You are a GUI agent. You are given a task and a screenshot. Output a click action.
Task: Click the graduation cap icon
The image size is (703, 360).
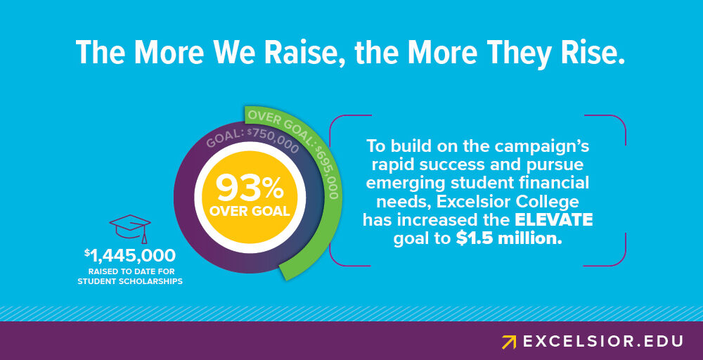130,229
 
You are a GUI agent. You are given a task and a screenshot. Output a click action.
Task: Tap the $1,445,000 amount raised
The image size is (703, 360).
130,255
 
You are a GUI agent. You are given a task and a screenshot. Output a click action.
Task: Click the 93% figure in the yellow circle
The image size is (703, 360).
250,188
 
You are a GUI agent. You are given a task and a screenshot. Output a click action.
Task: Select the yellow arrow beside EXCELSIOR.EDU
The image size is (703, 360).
509,342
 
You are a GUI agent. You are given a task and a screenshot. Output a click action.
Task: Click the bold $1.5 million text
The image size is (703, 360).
509,238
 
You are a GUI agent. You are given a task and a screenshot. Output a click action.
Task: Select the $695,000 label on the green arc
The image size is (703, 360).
326,172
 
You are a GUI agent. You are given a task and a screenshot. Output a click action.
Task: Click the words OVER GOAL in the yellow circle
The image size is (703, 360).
250,211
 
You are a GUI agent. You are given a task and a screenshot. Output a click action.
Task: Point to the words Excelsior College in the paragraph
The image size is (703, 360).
508,202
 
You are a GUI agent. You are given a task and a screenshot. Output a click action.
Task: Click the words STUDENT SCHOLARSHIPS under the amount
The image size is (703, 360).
130,281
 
